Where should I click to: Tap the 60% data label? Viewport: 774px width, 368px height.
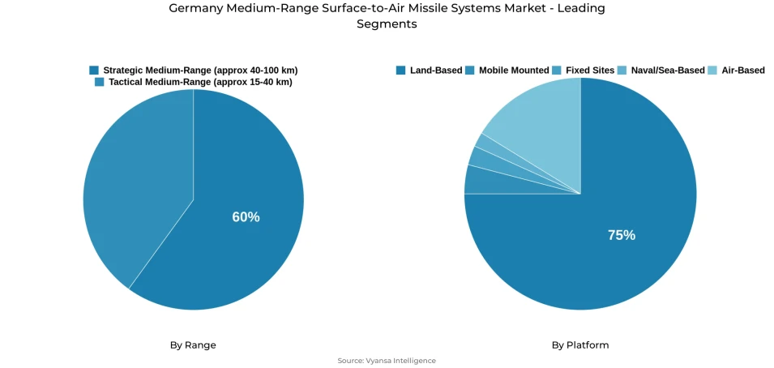click(x=246, y=217)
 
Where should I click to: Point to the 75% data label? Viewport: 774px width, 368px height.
click(x=622, y=235)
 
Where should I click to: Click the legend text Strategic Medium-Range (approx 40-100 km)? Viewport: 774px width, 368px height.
click(x=199, y=71)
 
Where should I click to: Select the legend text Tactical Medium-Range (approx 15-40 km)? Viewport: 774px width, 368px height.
click(x=200, y=82)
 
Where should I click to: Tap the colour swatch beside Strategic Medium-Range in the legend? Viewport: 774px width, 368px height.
click(x=94, y=71)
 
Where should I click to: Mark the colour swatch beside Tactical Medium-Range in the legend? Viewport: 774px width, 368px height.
click(x=100, y=82)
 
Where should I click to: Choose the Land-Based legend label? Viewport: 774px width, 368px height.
click(x=435, y=71)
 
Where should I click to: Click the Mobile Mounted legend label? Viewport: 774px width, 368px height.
click(x=513, y=71)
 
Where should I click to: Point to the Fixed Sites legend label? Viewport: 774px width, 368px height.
click(x=589, y=71)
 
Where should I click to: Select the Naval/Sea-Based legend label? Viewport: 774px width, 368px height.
click(x=668, y=71)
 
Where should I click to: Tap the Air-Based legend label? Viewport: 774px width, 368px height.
click(x=742, y=71)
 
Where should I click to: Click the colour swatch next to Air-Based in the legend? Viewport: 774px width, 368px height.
click(x=713, y=71)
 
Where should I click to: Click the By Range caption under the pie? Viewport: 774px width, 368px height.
click(x=193, y=345)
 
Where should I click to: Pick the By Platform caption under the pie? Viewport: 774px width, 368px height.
click(x=580, y=345)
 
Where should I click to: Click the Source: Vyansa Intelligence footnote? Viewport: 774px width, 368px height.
click(x=387, y=361)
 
